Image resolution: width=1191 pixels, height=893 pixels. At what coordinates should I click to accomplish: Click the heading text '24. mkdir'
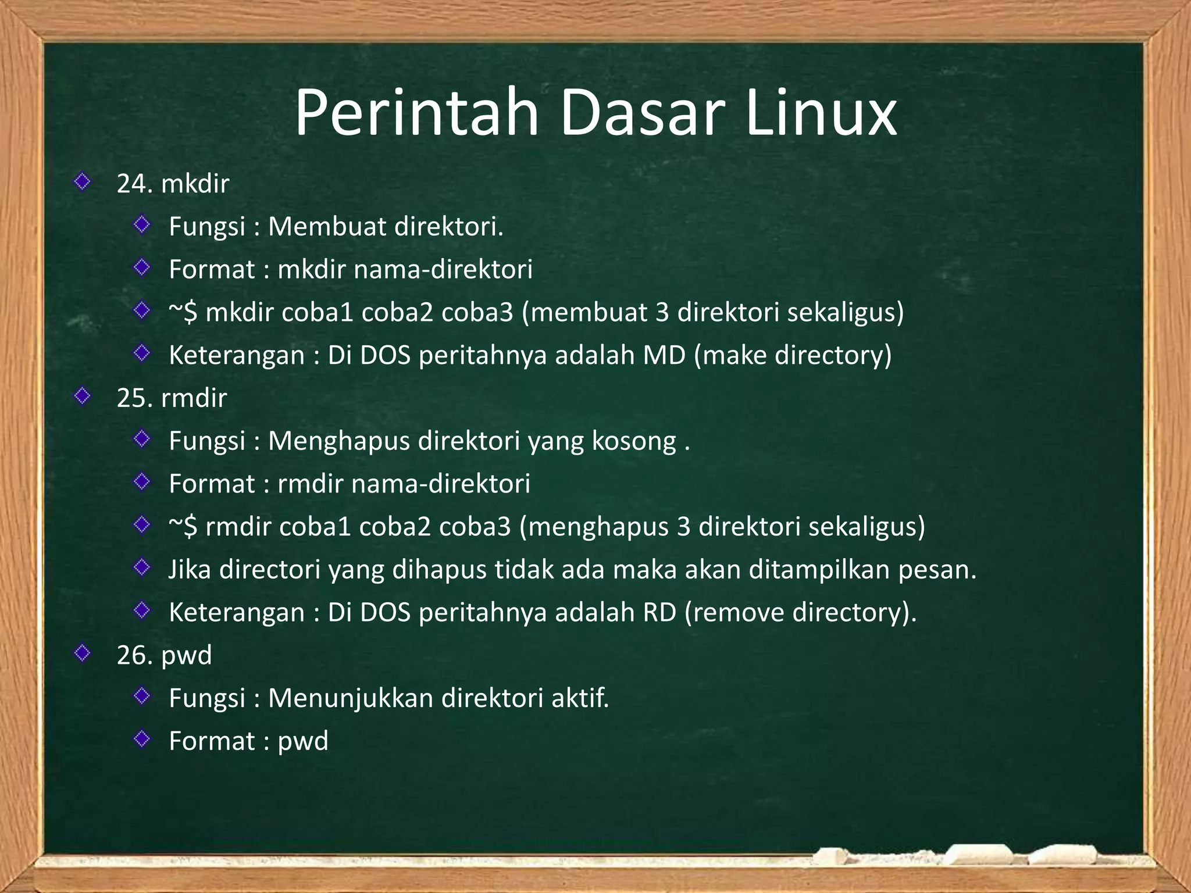tap(173, 184)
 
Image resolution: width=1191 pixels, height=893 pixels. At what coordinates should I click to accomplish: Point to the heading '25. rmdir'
tap(172, 398)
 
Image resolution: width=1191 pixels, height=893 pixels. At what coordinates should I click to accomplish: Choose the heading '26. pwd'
tap(164, 656)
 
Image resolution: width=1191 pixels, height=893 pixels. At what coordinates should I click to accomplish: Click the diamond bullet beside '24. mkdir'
tap(83, 182)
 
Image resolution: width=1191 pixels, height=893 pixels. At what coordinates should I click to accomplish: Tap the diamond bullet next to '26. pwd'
tap(83, 653)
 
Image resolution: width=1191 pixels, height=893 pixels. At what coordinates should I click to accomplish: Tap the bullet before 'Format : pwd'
tap(142, 739)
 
